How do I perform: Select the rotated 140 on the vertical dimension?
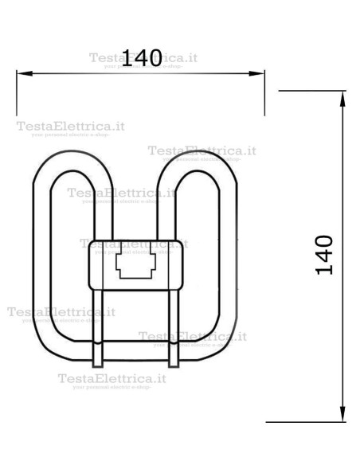324,255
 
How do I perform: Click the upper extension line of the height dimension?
311,91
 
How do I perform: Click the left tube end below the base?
98,350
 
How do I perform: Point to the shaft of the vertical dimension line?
343,334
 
